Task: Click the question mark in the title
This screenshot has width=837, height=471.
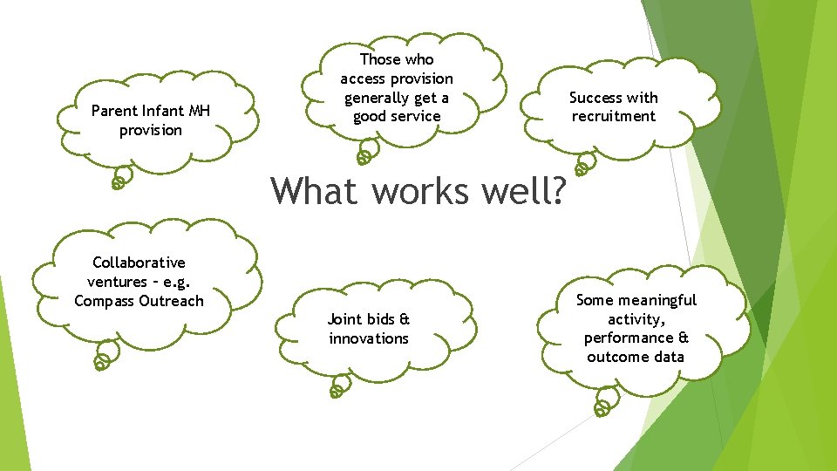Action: pyautogui.click(x=555, y=191)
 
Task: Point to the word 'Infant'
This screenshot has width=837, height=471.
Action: pyautogui.click(x=163, y=111)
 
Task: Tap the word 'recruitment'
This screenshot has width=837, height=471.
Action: pyautogui.click(x=613, y=116)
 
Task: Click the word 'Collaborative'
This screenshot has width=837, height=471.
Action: pyautogui.click(x=139, y=263)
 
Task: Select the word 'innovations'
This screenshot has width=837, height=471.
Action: pyautogui.click(x=369, y=338)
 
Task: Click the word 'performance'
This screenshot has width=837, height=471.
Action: pyautogui.click(x=629, y=338)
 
